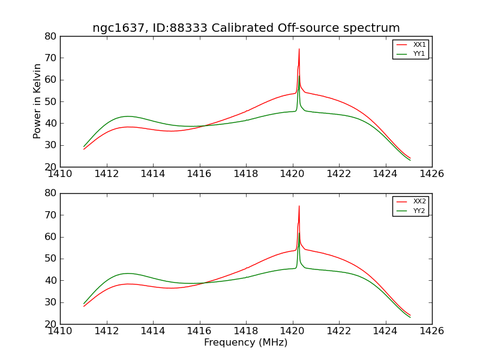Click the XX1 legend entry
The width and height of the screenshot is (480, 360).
(419, 45)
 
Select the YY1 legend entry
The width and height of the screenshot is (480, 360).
(419, 53)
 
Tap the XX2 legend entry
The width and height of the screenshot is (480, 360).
(419, 202)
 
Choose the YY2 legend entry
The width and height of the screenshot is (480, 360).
(419, 211)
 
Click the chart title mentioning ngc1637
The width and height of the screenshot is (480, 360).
(246, 28)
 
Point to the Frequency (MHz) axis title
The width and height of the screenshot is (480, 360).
(246, 343)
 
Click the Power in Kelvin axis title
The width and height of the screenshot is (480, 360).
(37, 101)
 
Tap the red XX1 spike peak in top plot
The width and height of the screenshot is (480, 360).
(299, 49)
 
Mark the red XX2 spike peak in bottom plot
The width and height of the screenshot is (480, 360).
(299, 206)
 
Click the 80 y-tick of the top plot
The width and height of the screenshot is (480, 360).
(50, 36)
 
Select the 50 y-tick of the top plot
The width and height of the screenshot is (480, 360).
(50, 101)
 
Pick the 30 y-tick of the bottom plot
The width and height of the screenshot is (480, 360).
(50, 302)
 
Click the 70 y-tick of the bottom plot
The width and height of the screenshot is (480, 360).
(50, 215)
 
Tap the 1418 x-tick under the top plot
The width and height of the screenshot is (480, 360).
(246, 174)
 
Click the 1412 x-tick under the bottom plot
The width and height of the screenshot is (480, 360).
(107, 331)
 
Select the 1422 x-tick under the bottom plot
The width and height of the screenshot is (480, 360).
(339, 331)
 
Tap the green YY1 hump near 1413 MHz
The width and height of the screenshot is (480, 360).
(128, 116)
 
